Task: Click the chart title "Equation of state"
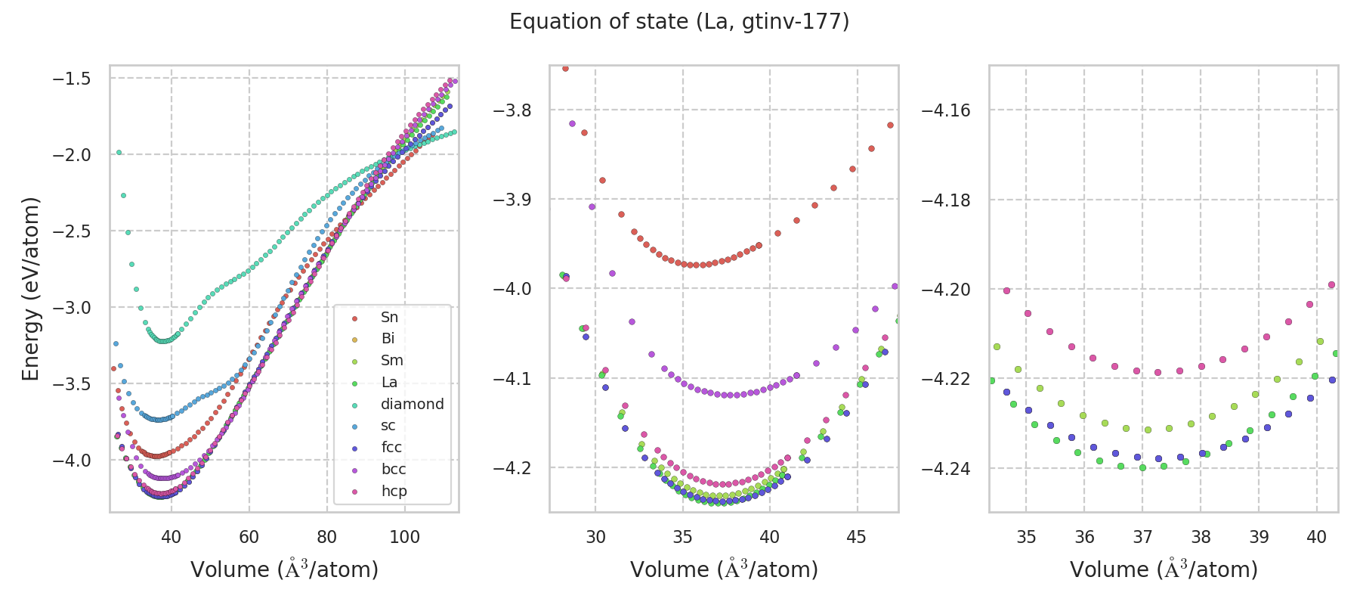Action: click(678, 22)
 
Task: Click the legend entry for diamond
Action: click(412, 404)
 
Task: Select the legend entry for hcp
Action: click(394, 491)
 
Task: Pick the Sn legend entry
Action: click(389, 317)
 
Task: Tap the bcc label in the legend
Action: click(394, 469)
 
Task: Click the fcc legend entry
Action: click(391, 447)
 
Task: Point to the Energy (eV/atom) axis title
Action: click(30, 289)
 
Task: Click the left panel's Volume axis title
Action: click(284, 569)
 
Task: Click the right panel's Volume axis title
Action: click(1164, 569)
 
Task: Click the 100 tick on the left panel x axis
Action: click(404, 537)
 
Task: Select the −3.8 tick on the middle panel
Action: click(512, 110)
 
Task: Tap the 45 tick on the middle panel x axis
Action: click(857, 537)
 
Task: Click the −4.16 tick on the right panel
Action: click(946, 110)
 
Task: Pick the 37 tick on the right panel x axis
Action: click(1142, 537)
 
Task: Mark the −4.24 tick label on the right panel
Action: click(946, 469)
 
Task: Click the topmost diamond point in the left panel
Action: click(119, 153)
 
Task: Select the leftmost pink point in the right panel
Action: click(1006, 290)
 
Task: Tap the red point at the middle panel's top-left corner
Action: click(565, 68)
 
